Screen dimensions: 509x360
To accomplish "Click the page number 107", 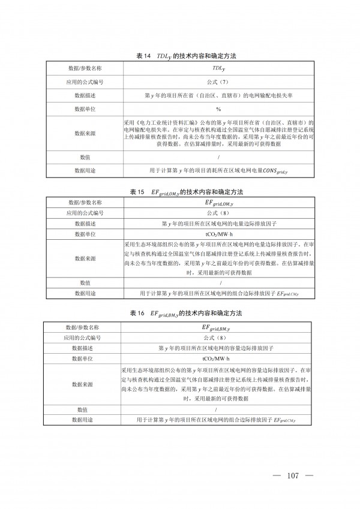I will [x=293, y=476].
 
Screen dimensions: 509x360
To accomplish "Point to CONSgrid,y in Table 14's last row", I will [x=280, y=171].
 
